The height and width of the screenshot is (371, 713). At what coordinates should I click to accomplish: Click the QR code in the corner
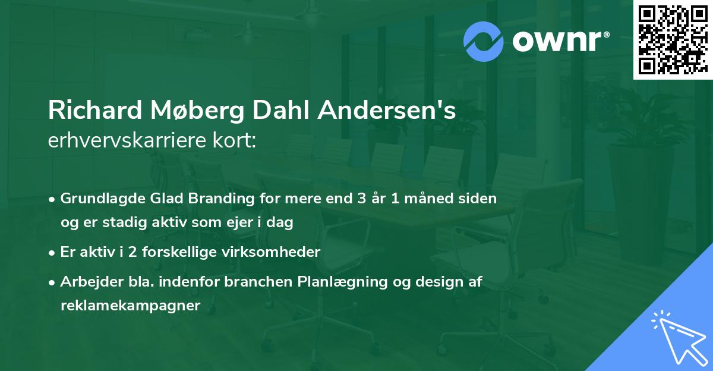click(673, 40)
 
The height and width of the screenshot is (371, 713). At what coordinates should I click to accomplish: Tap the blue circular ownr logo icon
click(483, 42)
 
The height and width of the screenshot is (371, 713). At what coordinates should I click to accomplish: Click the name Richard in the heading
click(95, 110)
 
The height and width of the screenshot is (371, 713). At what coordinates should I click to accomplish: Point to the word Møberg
click(197, 111)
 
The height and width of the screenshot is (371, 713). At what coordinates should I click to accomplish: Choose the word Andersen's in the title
click(387, 110)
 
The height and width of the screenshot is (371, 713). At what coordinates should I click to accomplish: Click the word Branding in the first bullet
click(221, 199)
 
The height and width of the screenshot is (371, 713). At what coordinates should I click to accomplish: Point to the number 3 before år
click(362, 199)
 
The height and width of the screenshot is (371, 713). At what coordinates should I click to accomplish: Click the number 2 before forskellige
click(132, 252)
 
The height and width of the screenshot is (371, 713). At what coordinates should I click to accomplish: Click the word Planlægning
click(342, 282)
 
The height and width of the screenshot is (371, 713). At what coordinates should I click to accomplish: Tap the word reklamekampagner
click(131, 306)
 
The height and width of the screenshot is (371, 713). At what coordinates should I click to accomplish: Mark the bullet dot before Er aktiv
click(52, 253)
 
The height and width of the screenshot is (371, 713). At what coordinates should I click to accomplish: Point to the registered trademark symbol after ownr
click(606, 34)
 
